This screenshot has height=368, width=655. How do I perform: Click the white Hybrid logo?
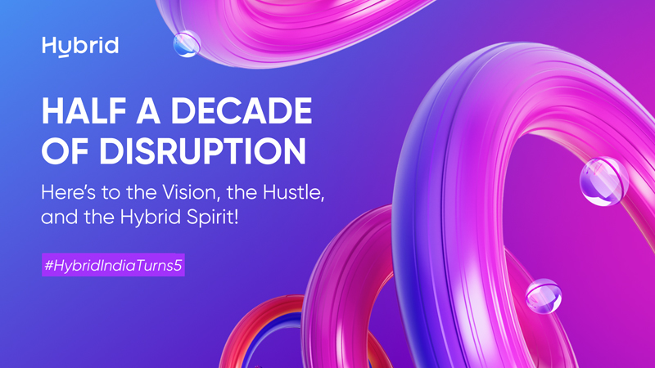tap(79, 46)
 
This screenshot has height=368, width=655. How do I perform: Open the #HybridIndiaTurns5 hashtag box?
tap(114, 266)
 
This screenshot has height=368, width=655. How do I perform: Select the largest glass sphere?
tap(603, 181)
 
